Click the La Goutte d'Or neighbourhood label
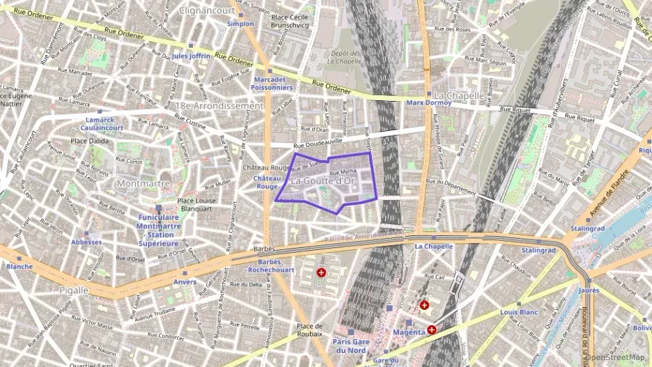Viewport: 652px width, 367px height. coord(324,181)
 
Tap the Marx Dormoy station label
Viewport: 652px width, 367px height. coord(428,103)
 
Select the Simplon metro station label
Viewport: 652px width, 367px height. coord(240,24)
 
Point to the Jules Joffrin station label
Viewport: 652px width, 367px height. coord(190,56)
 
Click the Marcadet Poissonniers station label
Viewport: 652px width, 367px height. coord(273,84)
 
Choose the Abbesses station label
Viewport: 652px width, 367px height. coord(86,242)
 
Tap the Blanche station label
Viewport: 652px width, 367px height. coord(20,267)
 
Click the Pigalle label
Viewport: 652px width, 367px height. coord(73,290)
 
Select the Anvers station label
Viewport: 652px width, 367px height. coord(185,282)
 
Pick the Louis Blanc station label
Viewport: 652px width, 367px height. coord(519,313)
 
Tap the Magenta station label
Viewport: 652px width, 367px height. coord(408,331)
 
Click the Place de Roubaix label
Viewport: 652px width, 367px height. coord(309,330)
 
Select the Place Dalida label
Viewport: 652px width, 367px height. coord(88,141)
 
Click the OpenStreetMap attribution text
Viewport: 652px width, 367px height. coord(617,358)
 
